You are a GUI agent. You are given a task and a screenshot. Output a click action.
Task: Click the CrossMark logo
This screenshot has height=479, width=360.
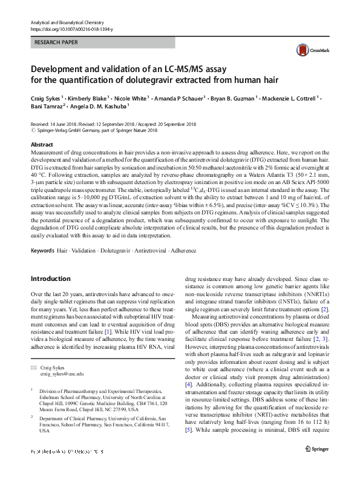(307, 50)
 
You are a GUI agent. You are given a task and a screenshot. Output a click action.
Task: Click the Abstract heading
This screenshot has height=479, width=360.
(42, 145)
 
